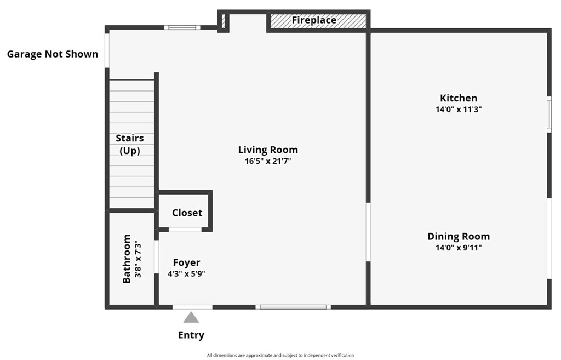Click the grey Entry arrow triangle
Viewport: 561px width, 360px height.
click(x=191, y=317)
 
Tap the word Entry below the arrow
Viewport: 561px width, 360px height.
click(x=191, y=335)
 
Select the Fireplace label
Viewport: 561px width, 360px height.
click(x=314, y=20)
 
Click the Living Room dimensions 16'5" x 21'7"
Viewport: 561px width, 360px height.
click(x=268, y=161)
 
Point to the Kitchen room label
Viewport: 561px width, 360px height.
click(x=459, y=98)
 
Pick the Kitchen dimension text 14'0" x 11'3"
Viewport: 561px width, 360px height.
click(x=459, y=110)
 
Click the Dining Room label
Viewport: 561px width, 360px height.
click(x=459, y=236)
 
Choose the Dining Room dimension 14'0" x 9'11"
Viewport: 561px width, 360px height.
click(x=459, y=248)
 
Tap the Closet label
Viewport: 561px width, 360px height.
click(x=187, y=213)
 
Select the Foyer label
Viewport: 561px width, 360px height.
click(x=186, y=262)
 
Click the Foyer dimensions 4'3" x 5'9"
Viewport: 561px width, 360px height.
click(x=186, y=274)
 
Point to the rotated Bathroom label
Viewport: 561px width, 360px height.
click(x=127, y=259)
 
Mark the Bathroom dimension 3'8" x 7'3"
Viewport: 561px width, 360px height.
click(x=138, y=259)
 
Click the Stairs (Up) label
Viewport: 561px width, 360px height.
click(x=130, y=144)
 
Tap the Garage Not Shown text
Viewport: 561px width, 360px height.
click(x=53, y=54)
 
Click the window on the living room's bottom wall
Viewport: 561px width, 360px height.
click(x=294, y=307)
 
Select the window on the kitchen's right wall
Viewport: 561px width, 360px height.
click(x=549, y=115)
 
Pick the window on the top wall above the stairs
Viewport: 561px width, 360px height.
click(x=182, y=27)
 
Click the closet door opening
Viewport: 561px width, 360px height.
click(x=185, y=230)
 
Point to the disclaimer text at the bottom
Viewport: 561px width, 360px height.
click(x=280, y=356)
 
